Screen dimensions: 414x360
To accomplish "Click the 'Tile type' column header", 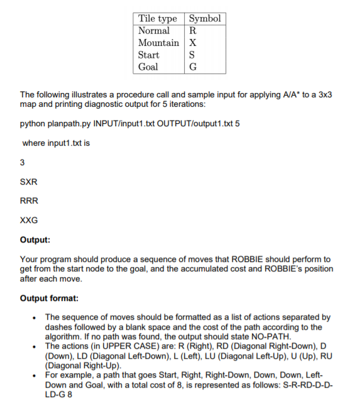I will click(158, 19).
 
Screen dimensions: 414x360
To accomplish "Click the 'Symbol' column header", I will click(205, 19).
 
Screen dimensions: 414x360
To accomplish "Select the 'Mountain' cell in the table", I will click(158, 43).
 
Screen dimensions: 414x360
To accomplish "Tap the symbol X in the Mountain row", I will click(192, 43).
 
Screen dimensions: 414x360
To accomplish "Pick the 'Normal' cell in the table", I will click(154, 31).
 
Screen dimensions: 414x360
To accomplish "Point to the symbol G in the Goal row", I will click(192, 67).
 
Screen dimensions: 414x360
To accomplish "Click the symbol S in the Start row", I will click(192, 55).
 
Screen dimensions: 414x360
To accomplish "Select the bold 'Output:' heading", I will click(36, 239).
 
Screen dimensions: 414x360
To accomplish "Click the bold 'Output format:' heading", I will click(48, 298).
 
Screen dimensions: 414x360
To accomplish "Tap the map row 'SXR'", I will click(30, 182).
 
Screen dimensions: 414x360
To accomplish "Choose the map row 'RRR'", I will click(30, 201).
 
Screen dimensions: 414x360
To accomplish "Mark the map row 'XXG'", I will click(30, 220).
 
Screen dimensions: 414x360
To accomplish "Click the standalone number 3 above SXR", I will click(23, 163).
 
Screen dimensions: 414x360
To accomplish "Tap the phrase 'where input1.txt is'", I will click(56, 143).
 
